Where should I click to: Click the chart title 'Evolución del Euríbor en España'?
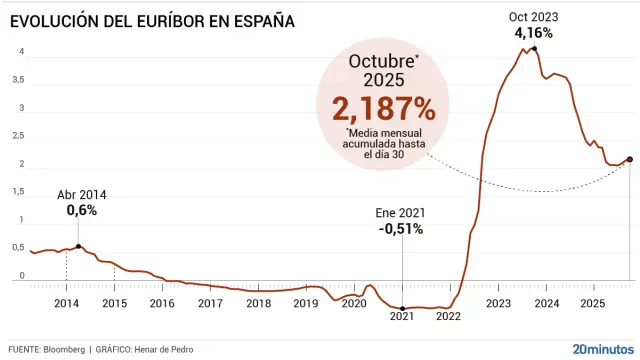click(152, 19)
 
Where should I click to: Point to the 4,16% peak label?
click(534, 33)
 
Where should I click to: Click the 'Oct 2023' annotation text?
click(534, 17)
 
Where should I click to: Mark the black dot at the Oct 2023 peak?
click(534, 48)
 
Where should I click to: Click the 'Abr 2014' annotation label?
click(82, 195)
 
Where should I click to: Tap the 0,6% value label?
click(82, 211)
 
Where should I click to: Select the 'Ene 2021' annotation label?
click(400, 212)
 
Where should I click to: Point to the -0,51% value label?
click(400, 228)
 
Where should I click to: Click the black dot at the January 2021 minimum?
click(402, 308)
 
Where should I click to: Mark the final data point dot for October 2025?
click(629, 159)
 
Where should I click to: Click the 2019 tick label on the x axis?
click(306, 303)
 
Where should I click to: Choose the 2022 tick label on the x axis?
click(449, 316)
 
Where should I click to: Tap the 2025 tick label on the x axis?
click(592, 303)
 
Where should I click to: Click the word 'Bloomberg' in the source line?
click(64, 349)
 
